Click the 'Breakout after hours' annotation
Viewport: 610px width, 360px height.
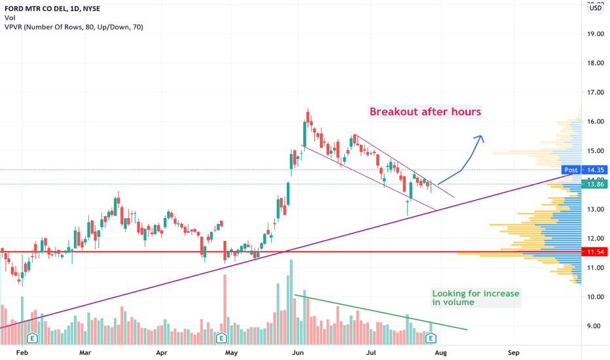(425, 112)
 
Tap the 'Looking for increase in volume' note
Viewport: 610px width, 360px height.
(476, 298)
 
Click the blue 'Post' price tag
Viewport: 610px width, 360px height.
(571, 170)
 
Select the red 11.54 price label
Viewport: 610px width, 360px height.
(595, 252)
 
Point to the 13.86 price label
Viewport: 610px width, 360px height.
(595, 185)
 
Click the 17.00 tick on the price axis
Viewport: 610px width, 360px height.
(595, 92)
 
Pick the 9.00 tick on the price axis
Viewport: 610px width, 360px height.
(595, 326)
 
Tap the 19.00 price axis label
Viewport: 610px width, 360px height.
(595, 34)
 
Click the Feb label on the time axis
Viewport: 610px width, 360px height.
(22, 352)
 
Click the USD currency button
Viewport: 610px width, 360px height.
(596, 8)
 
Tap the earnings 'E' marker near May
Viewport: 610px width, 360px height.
(221, 338)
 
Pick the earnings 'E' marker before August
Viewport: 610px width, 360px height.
(431, 338)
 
